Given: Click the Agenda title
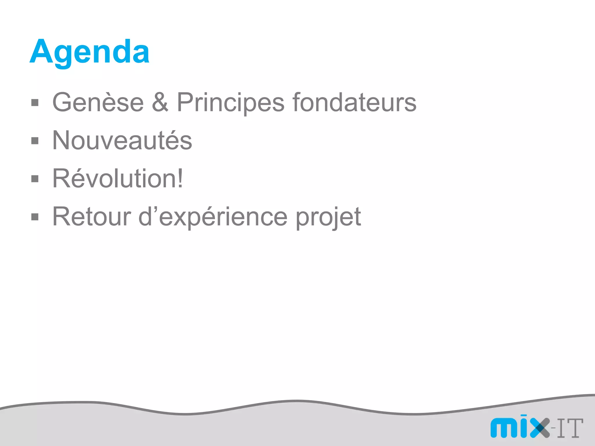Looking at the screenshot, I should (89, 52).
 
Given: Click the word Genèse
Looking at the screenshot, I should (98, 102).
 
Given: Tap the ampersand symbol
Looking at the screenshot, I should (160, 102).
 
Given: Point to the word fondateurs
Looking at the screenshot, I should (354, 102).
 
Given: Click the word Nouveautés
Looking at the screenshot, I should (122, 141).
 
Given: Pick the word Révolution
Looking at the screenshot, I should (114, 179).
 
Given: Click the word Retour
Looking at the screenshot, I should (92, 217).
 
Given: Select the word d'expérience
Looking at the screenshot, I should (213, 217).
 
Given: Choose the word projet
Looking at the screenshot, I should (328, 218).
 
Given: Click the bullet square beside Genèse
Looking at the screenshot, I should (35, 103).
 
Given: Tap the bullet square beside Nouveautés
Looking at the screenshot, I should (35, 141).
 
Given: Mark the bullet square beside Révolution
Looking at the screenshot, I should (35, 179).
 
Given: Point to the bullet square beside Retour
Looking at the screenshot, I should (35, 217).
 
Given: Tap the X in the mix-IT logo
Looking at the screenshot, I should (540, 427).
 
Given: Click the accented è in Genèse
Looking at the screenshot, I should (107, 102).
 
